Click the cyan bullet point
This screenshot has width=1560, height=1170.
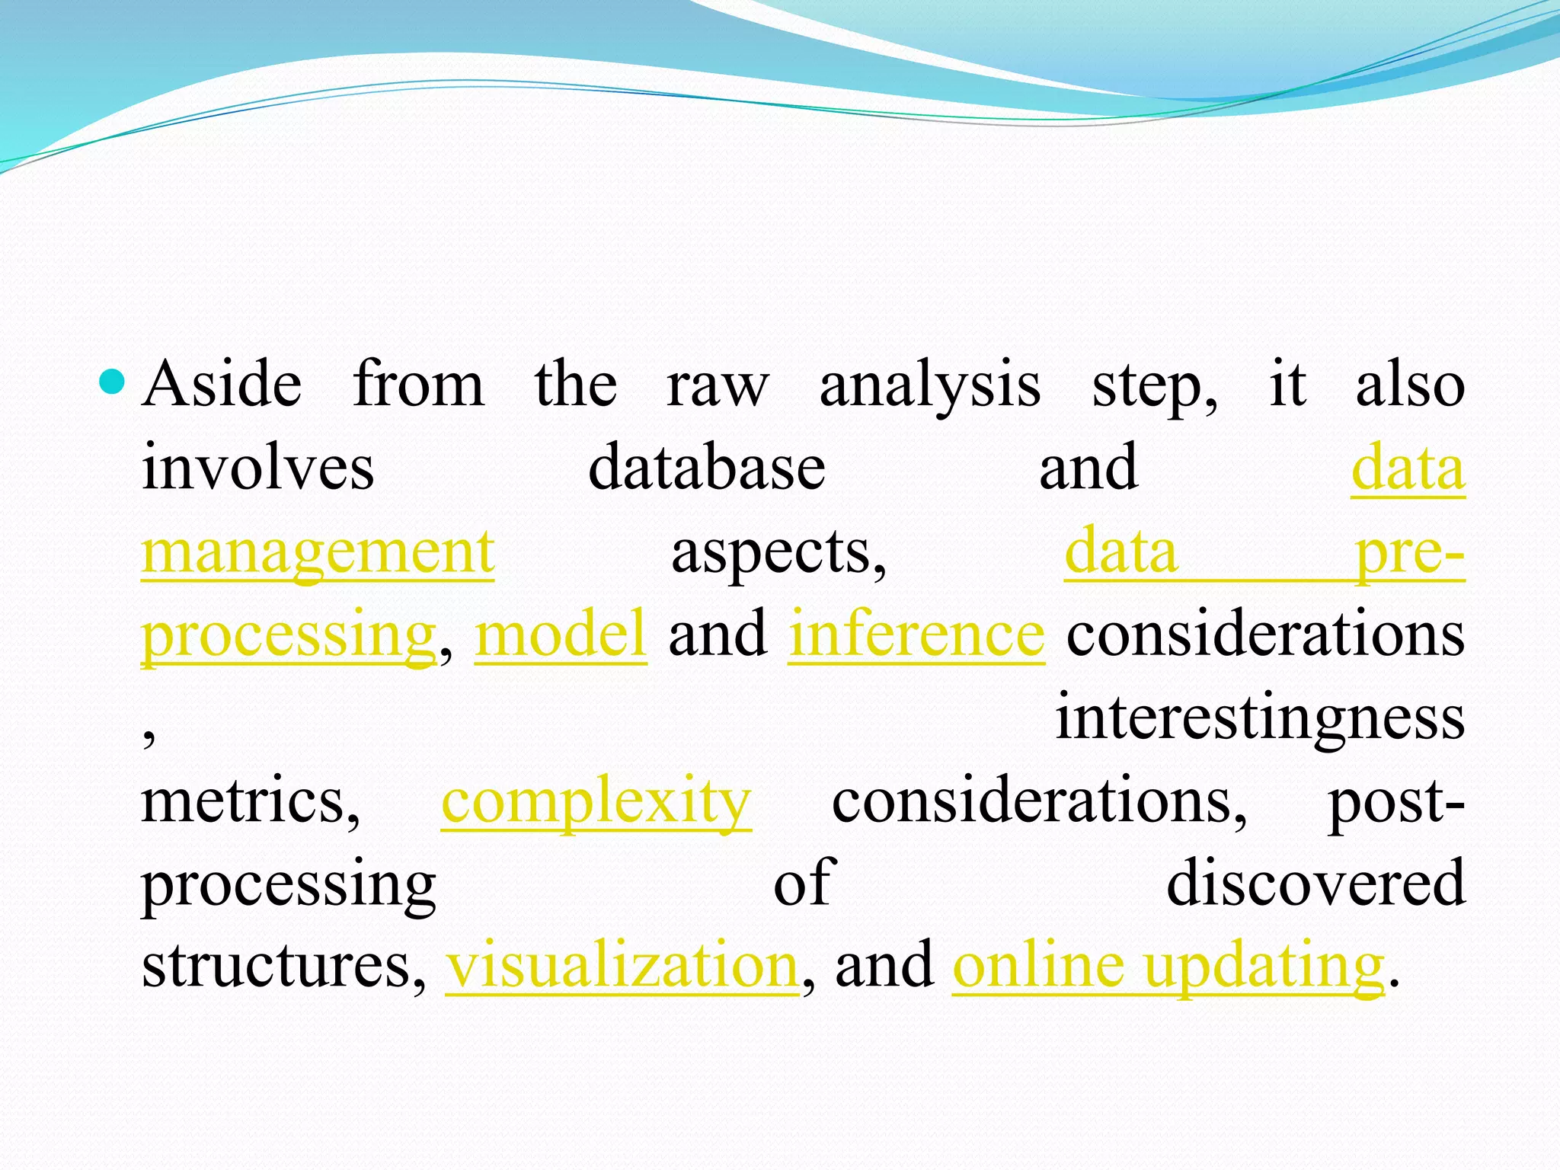pos(111,382)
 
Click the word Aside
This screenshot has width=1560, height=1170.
pos(222,385)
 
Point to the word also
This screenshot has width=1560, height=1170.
pos(1410,385)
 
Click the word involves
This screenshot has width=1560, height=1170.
pos(257,468)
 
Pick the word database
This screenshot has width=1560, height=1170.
pos(707,468)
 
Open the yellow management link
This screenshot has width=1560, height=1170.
pos(318,552)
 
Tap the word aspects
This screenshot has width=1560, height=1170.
pos(778,552)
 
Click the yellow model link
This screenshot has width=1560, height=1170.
pos(561,635)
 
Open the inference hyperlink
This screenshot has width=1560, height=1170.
pos(916,635)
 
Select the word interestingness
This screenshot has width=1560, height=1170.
pos(1260,718)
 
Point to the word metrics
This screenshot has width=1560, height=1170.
pos(251,801)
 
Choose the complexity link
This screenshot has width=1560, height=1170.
pos(596,802)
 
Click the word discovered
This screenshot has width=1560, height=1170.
pos(1315,884)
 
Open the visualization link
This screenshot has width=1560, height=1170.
pos(622,966)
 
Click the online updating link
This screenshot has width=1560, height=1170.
pos(1168,966)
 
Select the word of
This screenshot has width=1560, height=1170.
pos(804,884)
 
